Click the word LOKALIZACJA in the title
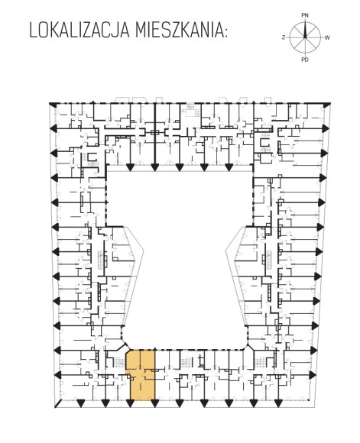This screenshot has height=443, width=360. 79,31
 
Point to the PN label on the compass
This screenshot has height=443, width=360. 305,15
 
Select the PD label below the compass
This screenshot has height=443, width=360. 305,60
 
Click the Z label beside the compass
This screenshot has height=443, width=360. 284,37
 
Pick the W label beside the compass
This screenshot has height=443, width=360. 327,37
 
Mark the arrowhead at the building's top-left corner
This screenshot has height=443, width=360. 52,105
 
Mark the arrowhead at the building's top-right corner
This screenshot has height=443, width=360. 327,105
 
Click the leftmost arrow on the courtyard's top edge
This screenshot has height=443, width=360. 130,167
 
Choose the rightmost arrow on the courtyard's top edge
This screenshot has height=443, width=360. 229,167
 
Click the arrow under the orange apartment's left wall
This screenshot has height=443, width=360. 130,403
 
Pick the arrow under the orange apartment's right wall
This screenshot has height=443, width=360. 154,403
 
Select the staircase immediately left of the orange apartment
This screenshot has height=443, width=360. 119,362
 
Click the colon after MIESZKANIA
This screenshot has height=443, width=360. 225,32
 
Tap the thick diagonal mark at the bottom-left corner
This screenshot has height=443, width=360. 59,404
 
